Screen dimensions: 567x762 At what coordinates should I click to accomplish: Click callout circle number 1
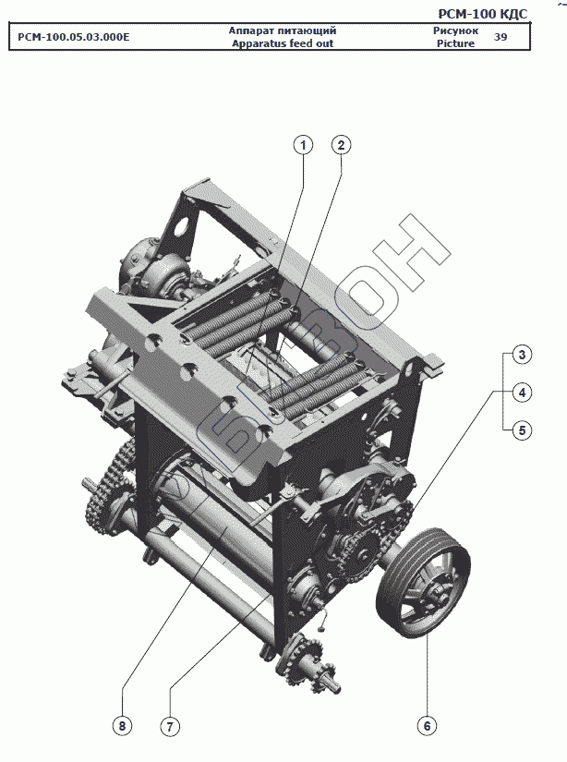click(x=304, y=145)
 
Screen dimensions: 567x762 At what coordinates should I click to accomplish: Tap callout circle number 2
click(x=341, y=145)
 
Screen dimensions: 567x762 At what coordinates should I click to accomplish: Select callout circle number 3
click(x=522, y=355)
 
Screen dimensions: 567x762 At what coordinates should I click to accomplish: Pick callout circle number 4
click(x=522, y=393)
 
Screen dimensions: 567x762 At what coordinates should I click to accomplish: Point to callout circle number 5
click(x=522, y=430)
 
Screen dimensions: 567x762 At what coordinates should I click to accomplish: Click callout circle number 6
click(x=427, y=726)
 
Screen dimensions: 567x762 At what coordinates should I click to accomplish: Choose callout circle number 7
click(x=170, y=727)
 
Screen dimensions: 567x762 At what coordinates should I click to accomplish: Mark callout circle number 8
click(x=122, y=726)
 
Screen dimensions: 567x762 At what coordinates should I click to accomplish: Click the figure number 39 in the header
click(x=500, y=37)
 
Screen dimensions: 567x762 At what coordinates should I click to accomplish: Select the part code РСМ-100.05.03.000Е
click(x=74, y=37)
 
